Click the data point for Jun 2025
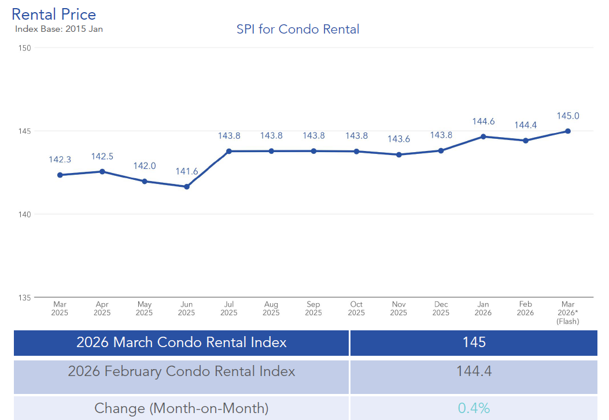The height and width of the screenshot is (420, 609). click(x=187, y=186)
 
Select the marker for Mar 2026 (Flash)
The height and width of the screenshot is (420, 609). click(x=568, y=131)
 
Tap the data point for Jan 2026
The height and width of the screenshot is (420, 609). click(x=483, y=137)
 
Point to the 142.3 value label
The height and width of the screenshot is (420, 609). click(x=60, y=160)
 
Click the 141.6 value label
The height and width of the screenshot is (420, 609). click(x=187, y=171)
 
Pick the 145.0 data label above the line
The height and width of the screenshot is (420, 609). click(x=568, y=116)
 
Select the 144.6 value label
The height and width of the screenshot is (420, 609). click(x=483, y=121)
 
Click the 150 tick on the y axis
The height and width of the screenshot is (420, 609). click(x=24, y=48)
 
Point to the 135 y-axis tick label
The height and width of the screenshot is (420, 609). click(x=24, y=298)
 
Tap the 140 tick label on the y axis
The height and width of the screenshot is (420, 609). click(x=24, y=215)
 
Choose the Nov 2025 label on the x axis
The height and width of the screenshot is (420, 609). click(x=398, y=308)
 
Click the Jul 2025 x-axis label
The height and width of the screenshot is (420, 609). click(x=229, y=308)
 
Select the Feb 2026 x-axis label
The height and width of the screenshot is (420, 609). click(x=525, y=308)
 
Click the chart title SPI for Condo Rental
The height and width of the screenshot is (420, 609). click(x=298, y=29)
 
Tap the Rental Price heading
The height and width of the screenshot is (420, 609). click(x=54, y=14)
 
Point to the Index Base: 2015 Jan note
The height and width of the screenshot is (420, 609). click(x=59, y=29)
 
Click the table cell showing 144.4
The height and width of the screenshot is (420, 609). click(x=474, y=371)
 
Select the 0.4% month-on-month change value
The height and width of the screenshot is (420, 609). click(x=474, y=408)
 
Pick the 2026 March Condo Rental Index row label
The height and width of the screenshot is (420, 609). click(x=182, y=342)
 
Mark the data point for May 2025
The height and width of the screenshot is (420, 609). click(x=145, y=181)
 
